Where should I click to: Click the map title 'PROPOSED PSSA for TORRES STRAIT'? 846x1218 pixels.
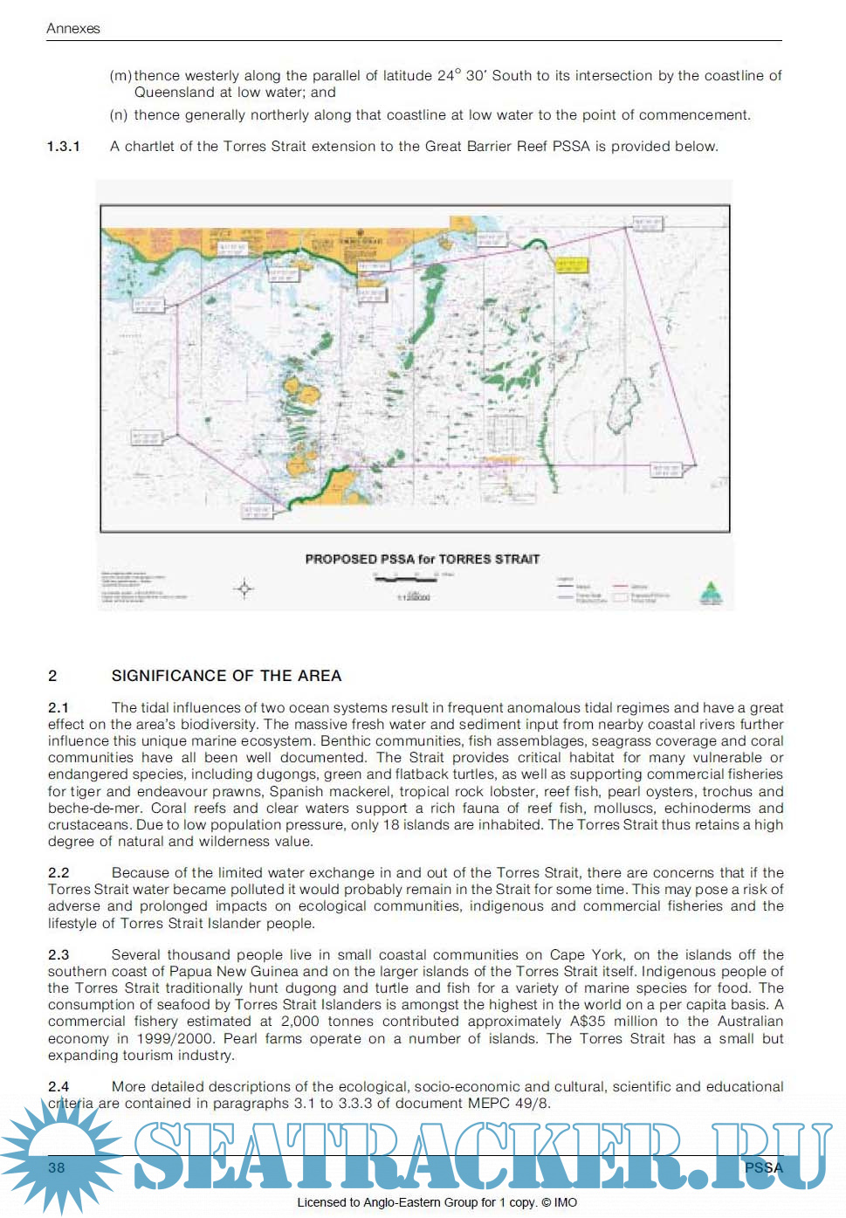(422, 559)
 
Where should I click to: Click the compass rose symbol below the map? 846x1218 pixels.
(244, 588)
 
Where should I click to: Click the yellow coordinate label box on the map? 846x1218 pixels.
(571, 265)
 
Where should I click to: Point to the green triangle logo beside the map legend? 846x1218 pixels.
(711, 593)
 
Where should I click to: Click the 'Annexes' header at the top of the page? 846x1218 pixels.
(73, 28)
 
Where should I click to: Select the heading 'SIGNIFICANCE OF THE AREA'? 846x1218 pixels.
(226, 676)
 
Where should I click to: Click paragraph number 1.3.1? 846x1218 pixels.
(64, 147)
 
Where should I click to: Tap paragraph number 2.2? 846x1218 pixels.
(58, 872)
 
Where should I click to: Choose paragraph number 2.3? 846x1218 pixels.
(58, 954)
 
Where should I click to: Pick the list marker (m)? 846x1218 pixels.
(120, 76)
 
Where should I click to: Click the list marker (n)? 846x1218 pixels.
(119, 115)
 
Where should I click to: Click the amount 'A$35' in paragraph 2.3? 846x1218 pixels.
(588, 1022)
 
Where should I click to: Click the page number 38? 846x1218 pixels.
(57, 1167)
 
